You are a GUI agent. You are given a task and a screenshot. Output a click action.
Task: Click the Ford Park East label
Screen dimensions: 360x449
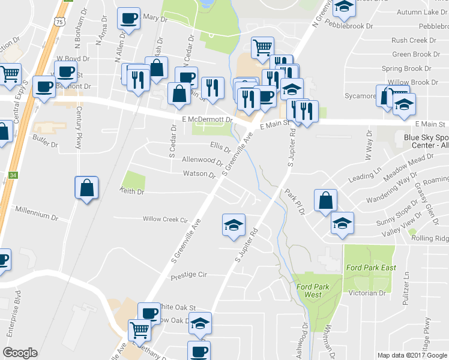coord(370,266)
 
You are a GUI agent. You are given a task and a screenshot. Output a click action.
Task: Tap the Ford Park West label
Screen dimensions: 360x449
coord(309,290)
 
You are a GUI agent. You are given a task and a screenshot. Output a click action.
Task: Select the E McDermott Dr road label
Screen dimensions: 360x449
coord(206,120)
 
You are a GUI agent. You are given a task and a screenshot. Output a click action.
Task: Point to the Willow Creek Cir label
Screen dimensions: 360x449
coord(165,220)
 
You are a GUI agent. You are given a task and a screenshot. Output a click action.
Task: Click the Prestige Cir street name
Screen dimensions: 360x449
coord(188,275)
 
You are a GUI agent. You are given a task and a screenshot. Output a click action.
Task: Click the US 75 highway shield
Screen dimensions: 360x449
coord(58,22)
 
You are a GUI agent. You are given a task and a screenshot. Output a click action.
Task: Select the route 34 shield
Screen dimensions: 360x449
coord(13,176)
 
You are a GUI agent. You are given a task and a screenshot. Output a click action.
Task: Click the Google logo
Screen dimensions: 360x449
coord(20,353)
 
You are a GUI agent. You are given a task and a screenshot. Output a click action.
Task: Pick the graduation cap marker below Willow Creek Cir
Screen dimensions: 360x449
coord(234,226)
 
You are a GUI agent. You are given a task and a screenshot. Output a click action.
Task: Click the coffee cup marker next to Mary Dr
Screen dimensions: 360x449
coord(128,19)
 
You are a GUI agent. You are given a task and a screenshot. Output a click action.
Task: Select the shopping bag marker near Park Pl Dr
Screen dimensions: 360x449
coord(325,201)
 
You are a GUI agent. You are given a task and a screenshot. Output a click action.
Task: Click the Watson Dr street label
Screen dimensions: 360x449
coord(199,175)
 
